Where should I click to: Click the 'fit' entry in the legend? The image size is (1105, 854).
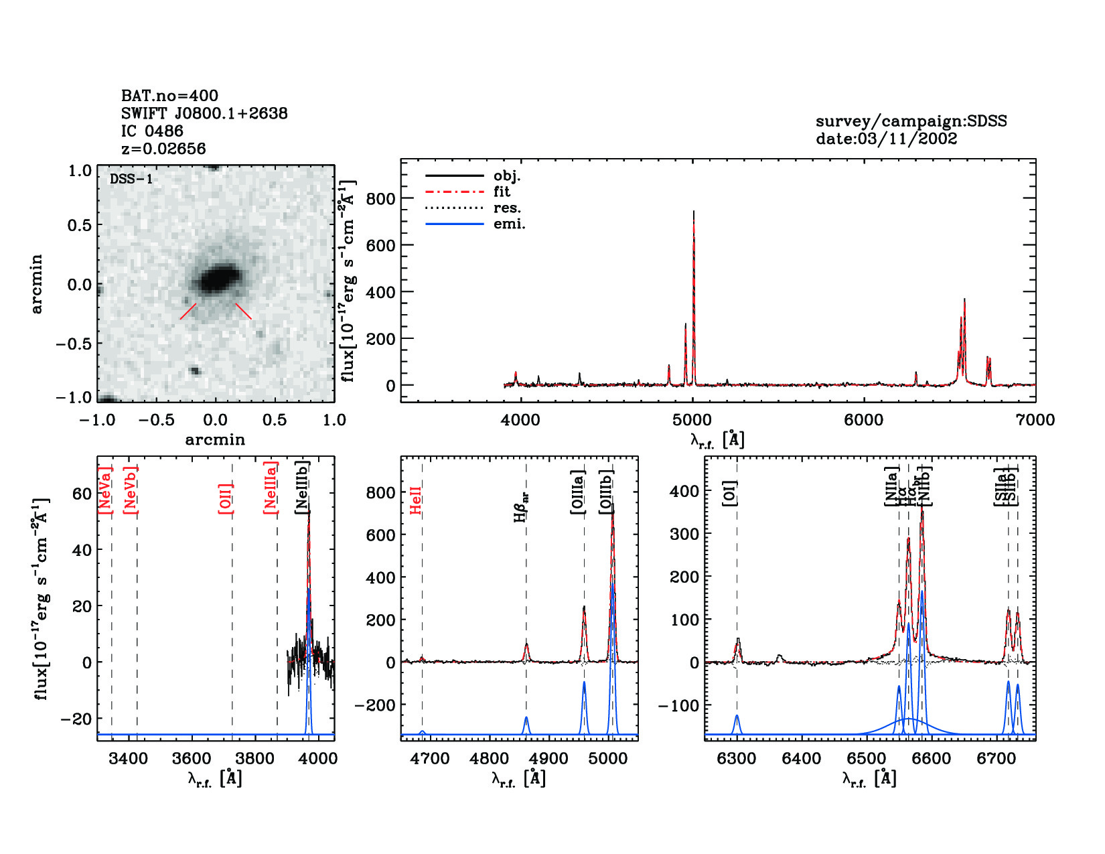(502, 192)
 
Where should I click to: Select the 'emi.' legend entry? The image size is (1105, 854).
(509, 224)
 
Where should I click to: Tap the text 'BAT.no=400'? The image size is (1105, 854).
(169, 96)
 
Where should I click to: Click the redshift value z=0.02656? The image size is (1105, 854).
(163, 149)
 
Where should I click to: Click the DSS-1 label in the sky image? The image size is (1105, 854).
(131, 180)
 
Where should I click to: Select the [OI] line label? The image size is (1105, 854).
(730, 493)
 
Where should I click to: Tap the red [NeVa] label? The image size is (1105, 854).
(105, 490)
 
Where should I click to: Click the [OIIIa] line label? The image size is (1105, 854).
(578, 492)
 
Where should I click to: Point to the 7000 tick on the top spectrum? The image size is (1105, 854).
(1035, 420)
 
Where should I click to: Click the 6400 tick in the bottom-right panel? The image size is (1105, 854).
(802, 759)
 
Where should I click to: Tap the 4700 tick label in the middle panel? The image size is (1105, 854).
(429, 759)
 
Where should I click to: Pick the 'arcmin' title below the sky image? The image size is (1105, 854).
(215, 440)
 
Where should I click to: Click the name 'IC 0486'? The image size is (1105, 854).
(152, 131)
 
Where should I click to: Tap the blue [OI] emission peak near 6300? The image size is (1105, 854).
(737, 717)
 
